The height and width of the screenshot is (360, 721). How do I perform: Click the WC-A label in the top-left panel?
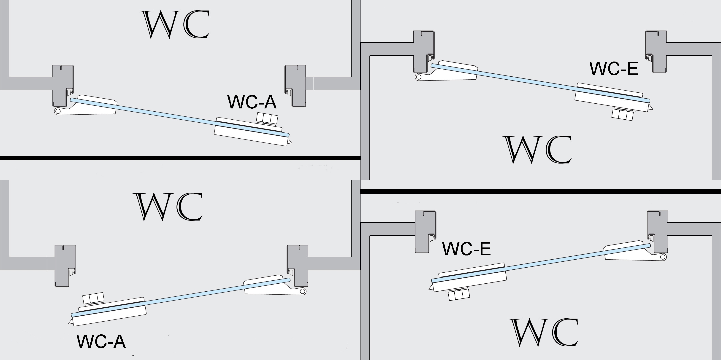point(252,102)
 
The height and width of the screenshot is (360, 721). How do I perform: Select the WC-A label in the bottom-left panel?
point(101,341)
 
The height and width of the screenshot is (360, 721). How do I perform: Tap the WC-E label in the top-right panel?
point(613,69)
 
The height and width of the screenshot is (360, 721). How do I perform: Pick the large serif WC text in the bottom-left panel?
point(169,207)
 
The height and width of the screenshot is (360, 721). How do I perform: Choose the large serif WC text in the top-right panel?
point(538,150)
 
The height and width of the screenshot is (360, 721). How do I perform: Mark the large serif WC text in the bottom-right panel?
point(544,332)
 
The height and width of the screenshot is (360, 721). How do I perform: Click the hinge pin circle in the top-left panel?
point(58,111)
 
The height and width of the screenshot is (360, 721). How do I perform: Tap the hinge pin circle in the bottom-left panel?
point(302,291)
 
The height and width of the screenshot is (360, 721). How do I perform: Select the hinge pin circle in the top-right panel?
point(418,77)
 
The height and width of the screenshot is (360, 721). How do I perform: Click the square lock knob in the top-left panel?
point(267,118)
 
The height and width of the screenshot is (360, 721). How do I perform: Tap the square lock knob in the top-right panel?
point(622,114)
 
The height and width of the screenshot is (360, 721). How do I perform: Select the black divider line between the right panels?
point(540,191)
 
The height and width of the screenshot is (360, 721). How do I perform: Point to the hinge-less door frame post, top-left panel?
point(295,85)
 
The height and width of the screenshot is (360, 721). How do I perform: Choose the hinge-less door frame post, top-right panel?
point(656,52)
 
